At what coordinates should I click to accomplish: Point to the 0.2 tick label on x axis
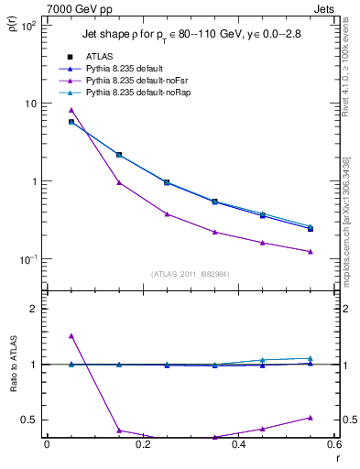coord(142,446)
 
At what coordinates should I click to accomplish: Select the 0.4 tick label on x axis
coord(238,446)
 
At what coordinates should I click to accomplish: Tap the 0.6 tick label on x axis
coord(333,446)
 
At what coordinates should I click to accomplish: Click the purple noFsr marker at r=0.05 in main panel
coord(46,110)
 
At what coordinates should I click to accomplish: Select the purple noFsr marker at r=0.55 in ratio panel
coord(311,418)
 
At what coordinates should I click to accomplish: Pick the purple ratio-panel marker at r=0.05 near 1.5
coord(46,336)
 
